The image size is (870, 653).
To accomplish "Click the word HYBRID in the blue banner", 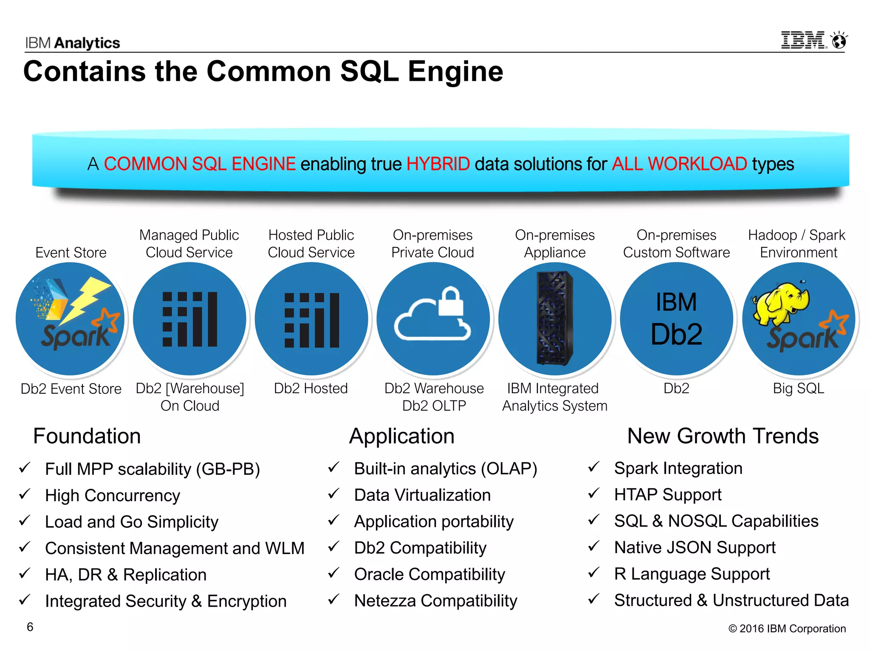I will click(438, 164).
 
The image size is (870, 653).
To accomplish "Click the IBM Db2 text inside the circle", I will click(676, 319).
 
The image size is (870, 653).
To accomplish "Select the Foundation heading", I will click(87, 436).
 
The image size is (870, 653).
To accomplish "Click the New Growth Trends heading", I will click(723, 436).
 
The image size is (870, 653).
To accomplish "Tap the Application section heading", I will click(402, 436).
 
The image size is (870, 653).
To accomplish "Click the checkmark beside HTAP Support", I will click(594, 493).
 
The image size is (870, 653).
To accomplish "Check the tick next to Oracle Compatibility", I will click(334, 573).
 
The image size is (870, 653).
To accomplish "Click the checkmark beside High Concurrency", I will click(25, 494).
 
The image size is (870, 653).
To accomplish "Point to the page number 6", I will click(30, 627).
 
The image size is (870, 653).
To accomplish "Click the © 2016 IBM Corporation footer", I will click(787, 629).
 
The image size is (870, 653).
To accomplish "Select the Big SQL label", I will click(798, 389).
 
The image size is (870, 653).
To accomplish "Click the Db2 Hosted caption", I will click(311, 389).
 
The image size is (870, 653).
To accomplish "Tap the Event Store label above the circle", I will click(71, 253).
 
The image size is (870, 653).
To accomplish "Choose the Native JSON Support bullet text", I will click(695, 548).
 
